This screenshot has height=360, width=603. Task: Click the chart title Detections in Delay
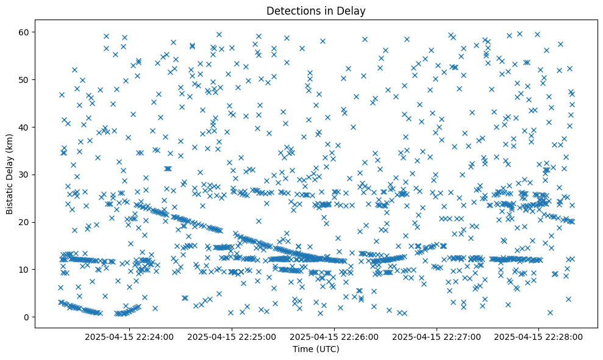tap(316, 10)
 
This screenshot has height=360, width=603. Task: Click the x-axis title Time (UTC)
tap(316, 349)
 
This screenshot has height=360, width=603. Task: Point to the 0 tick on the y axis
tap(27, 317)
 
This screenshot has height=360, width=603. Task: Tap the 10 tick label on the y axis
tap(25, 269)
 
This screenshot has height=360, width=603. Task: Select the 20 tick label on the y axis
tap(25, 222)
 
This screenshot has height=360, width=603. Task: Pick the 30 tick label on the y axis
tap(25, 175)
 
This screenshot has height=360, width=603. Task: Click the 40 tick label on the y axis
tap(25, 127)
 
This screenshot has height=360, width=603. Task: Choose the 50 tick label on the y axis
tap(25, 79)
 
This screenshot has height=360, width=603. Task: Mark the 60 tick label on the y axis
tap(25, 32)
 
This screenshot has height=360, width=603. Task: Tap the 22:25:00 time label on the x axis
tap(232, 336)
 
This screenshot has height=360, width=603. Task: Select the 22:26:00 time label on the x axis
tap(335, 336)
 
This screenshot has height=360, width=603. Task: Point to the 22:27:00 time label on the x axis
tap(437, 336)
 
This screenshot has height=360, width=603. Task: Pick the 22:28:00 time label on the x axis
tap(539, 336)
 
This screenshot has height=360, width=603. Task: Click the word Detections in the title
tap(292, 10)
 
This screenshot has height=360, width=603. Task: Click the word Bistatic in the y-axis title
tap(10, 193)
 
